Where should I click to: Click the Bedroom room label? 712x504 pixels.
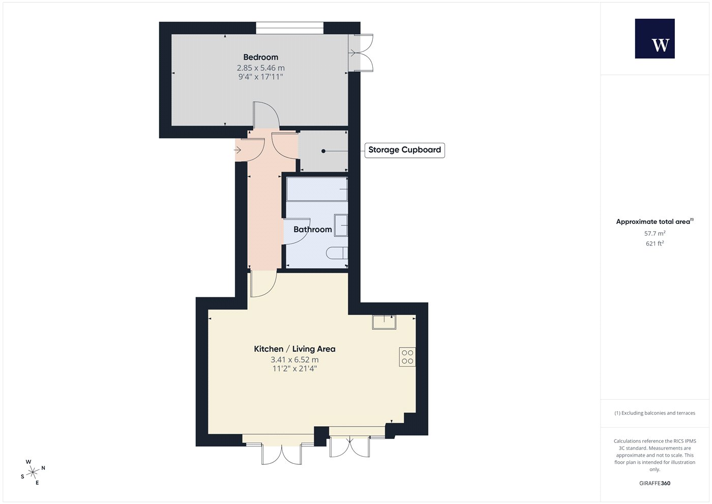coord(260,57)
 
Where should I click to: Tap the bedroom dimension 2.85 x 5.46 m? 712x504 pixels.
coord(260,68)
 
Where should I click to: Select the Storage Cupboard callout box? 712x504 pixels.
coord(405,150)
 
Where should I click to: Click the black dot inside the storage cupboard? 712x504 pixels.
coord(323,151)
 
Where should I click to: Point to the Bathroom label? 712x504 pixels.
coord(312,230)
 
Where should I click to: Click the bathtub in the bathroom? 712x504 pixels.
coord(317,189)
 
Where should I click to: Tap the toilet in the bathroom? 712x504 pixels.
coord(337,253)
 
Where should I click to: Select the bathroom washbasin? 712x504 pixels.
coord(341,225)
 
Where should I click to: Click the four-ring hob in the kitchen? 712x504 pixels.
coord(407,357)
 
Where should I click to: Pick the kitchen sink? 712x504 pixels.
coord(384,322)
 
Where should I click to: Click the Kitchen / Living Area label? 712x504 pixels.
coord(294,349)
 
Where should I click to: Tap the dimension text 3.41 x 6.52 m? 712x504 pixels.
coord(294,360)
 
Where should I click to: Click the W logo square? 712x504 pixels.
coord(655,39)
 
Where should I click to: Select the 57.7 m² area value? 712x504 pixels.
coord(655,233)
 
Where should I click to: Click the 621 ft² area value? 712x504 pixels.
coord(655,243)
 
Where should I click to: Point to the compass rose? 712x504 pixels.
coord(33,472)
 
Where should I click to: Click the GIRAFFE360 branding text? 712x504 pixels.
coord(655,483)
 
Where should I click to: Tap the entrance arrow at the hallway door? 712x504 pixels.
coord(238,150)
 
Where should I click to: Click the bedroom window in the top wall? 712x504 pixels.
coord(289,28)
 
